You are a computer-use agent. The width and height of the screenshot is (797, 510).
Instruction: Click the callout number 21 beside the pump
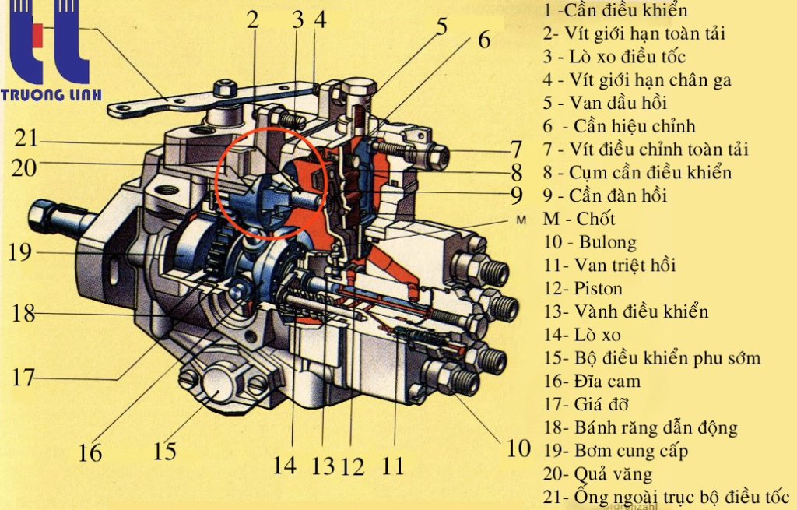tap(26, 139)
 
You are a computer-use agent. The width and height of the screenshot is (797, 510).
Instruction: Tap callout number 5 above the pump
tap(442, 27)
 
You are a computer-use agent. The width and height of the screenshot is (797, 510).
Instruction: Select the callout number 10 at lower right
tap(519, 448)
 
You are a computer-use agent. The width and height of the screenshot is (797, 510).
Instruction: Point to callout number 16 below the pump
tap(90, 452)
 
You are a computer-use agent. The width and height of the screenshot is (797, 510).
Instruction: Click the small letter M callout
tap(521, 220)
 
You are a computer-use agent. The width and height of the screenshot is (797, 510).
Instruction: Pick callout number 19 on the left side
tap(20, 252)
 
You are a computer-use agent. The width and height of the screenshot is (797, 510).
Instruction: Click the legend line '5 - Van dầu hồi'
tap(604, 103)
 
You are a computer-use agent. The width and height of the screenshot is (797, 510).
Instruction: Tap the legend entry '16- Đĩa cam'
tap(592, 382)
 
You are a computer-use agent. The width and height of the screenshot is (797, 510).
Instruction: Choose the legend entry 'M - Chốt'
tap(579, 219)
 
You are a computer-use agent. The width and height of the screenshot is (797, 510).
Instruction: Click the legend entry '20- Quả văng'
tap(598, 474)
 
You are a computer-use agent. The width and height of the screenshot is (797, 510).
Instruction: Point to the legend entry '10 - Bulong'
tap(590, 242)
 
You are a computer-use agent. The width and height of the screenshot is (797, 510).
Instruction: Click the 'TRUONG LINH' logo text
tap(51, 94)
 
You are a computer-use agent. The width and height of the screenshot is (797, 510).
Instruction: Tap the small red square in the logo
tap(37, 33)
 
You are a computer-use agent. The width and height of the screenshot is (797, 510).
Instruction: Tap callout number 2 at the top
tap(253, 19)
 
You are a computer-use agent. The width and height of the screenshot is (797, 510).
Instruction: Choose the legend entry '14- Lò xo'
tap(582, 335)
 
